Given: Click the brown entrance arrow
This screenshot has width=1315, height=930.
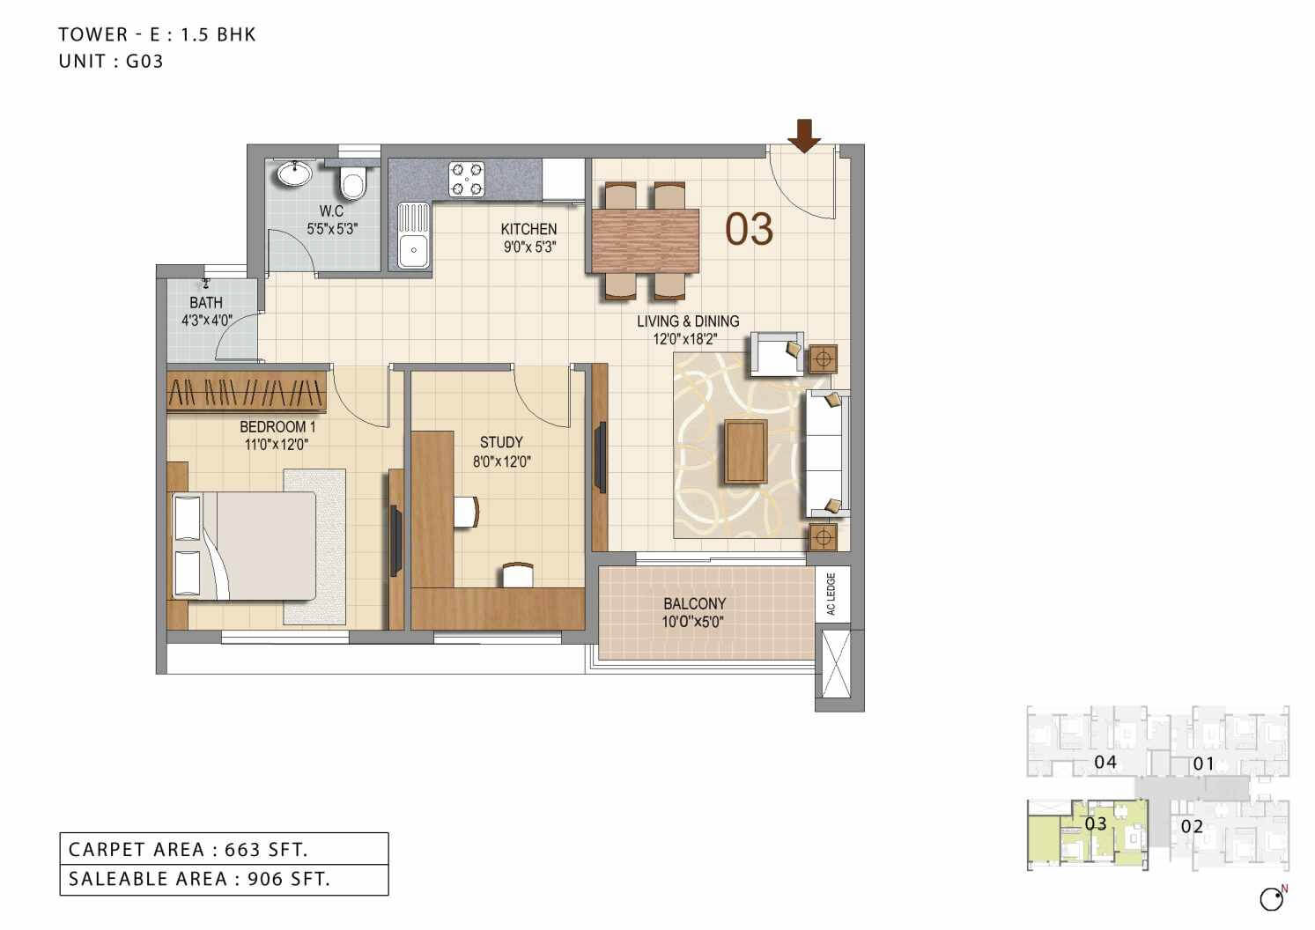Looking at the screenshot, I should click(x=803, y=135).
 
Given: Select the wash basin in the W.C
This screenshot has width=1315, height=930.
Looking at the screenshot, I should click(x=293, y=173).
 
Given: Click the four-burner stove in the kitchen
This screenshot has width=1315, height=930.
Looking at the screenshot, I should click(x=466, y=178).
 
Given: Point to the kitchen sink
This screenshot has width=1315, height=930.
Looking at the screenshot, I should click(x=412, y=235).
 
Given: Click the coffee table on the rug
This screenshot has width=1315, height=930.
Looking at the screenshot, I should click(x=745, y=452).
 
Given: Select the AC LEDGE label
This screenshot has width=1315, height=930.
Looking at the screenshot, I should click(x=831, y=594).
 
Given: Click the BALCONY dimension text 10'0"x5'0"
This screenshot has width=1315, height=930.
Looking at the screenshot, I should click(x=694, y=622).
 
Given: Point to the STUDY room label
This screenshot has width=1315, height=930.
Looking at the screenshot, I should click(x=501, y=442).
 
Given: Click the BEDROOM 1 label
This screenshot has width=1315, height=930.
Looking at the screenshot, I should click(x=277, y=427).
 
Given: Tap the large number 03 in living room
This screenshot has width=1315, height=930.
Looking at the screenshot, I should click(x=749, y=229).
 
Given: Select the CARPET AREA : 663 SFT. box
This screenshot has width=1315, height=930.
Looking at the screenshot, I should click(x=224, y=849).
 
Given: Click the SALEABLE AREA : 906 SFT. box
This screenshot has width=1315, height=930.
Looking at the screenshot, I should click(x=224, y=879).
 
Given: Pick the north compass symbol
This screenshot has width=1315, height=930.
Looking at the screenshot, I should click(x=1272, y=898).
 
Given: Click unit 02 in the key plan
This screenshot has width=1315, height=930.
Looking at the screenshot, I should click(x=1192, y=826).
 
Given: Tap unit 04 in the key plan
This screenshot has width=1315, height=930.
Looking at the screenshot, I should click(x=1104, y=762).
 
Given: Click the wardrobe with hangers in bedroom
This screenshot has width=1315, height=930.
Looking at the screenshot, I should click(x=247, y=390).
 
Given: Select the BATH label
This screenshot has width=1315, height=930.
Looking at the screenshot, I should click(x=206, y=303).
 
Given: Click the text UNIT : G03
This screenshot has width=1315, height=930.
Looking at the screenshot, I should click(x=111, y=62).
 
